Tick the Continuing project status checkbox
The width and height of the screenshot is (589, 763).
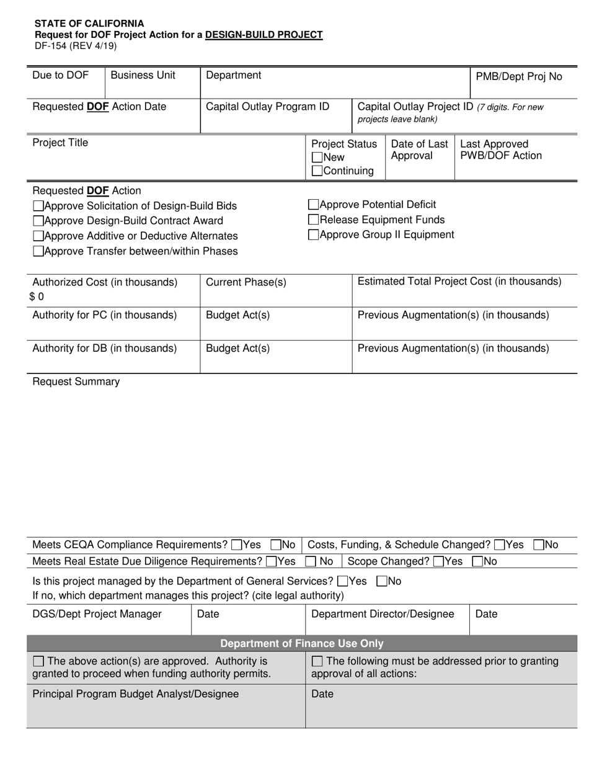pos(317,171)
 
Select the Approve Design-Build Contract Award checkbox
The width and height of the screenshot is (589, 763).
pos(38,221)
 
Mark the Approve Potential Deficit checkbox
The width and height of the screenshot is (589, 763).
pos(313,205)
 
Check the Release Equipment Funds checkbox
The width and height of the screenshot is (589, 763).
pos(313,220)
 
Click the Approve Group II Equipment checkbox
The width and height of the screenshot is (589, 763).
pos(313,234)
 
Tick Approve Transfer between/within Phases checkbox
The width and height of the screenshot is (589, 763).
pos(38,251)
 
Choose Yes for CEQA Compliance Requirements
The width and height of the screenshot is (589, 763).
pos(236,545)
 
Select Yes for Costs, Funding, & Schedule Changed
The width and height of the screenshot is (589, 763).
pos(499,545)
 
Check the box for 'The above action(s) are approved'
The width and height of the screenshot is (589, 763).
pos(38,662)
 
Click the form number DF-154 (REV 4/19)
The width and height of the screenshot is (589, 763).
pos(75,45)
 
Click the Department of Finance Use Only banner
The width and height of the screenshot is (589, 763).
pos(302,643)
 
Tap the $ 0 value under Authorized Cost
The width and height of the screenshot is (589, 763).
pos(37,297)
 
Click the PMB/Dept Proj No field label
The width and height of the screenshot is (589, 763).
pos(519,77)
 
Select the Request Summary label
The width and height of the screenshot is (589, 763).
pos(76,381)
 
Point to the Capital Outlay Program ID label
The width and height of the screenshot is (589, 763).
pos(267,107)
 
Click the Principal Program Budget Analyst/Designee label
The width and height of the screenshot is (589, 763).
pos(135,694)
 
